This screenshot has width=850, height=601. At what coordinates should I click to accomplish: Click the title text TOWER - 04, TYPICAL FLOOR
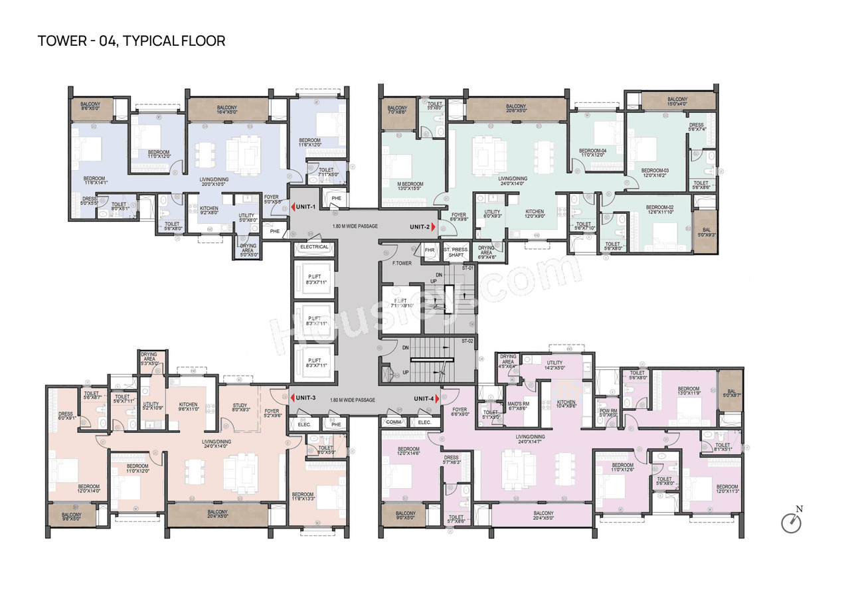[x=131, y=41]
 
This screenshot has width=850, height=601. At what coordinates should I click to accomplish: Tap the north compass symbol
[x=792, y=523]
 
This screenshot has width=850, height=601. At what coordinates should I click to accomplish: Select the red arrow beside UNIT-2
[x=434, y=227]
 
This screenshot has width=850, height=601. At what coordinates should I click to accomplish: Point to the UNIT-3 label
[x=305, y=398]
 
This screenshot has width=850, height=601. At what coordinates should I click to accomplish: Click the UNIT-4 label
[x=424, y=398]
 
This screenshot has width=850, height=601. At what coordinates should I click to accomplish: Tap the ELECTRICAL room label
[x=314, y=246]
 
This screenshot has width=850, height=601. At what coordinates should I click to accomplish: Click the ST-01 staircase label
[x=467, y=268]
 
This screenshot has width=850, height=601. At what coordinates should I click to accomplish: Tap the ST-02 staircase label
[x=467, y=341]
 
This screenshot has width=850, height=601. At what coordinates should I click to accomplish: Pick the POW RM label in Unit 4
[x=608, y=412]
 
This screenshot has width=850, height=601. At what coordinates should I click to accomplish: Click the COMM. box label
[x=392, y=422]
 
